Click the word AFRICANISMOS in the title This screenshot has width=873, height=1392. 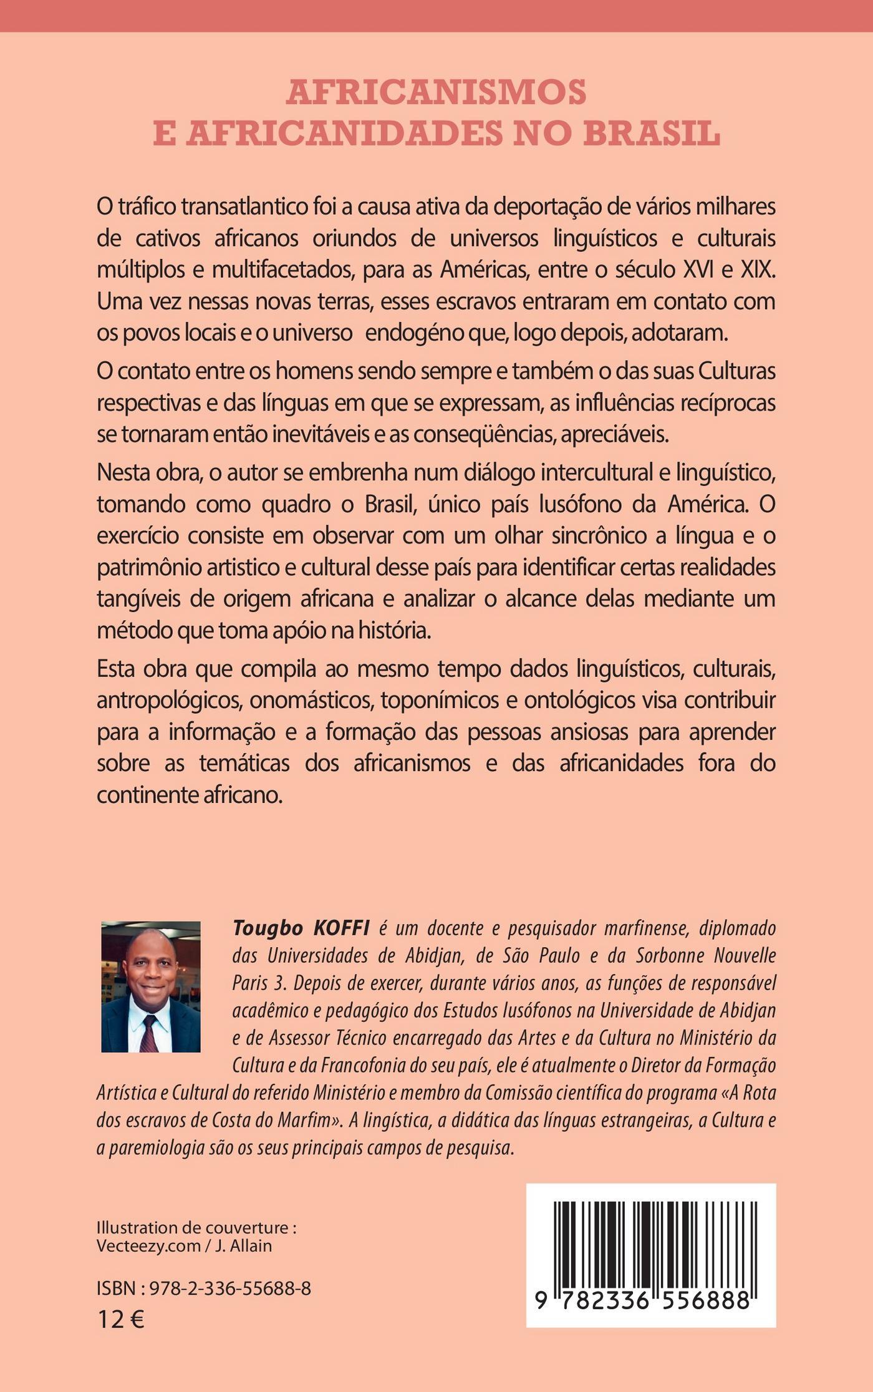click(x=436, y=92)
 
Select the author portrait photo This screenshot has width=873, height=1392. click(x=151, y=986)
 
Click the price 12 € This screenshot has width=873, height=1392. click(x=120, y=1320)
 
